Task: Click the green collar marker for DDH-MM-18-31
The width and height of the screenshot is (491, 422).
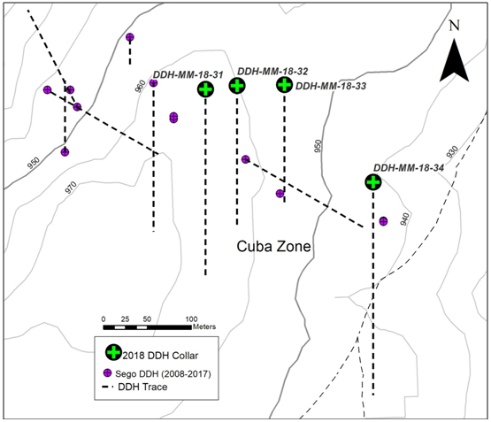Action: tap(205, 89)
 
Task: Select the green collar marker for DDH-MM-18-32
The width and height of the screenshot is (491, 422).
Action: tap(237, 86)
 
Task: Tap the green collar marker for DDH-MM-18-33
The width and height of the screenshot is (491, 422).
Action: tap(284, 85)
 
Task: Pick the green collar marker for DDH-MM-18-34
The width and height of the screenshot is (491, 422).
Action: tap(373, 182)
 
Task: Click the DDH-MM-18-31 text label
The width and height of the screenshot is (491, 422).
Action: tap(188, 75)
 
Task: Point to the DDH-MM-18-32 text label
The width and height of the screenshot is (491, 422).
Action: tap(272, 72)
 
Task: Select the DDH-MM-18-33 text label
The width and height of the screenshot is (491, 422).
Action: tap(331, 86)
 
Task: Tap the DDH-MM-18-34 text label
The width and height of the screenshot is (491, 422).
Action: tap(409, 168)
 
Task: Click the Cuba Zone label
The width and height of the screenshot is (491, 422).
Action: tap(273, 246)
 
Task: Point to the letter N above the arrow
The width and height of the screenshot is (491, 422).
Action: tap(455, 26)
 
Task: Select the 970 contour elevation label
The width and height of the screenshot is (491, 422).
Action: tap(71, 188)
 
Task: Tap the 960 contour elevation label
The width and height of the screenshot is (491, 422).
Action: tap(141, 87)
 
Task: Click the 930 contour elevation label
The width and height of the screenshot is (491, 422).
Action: tap(452, 152)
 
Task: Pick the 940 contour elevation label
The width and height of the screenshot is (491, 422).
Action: tap(404, 219)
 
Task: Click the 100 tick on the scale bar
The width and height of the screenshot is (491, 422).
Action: tap(191, 319)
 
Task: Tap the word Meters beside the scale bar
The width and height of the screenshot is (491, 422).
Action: tap(204, 326)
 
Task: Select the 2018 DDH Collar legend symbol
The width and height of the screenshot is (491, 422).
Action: tap(113, 352)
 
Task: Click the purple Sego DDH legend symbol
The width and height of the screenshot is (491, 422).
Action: tap(107, 373)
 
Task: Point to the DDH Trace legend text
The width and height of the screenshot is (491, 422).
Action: tap(142, 387)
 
